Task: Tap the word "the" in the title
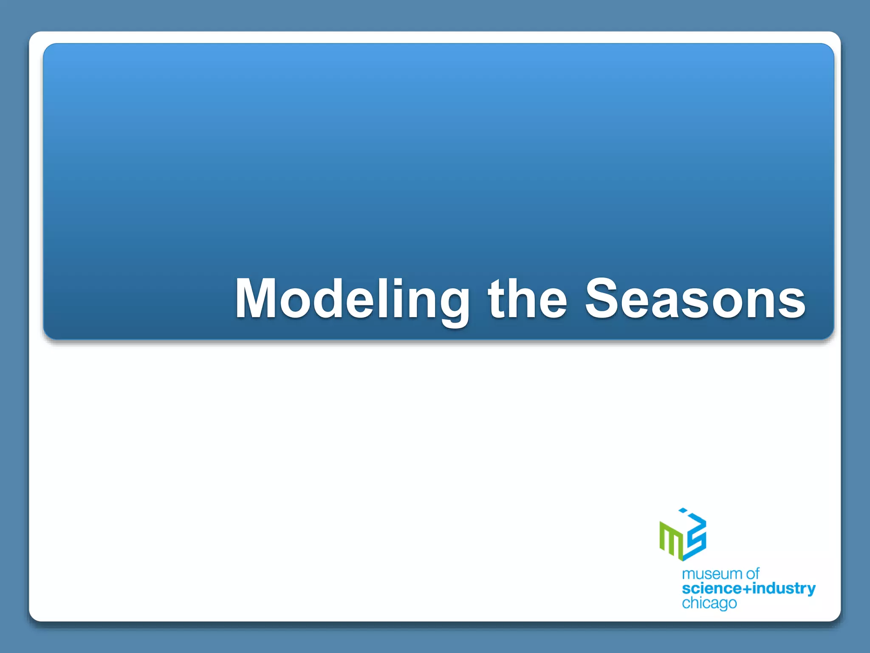(x=527, y=298)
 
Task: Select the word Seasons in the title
(x=695, y=298)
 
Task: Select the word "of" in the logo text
(x=752, y=574)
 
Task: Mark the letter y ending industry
(x=811, y=591)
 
